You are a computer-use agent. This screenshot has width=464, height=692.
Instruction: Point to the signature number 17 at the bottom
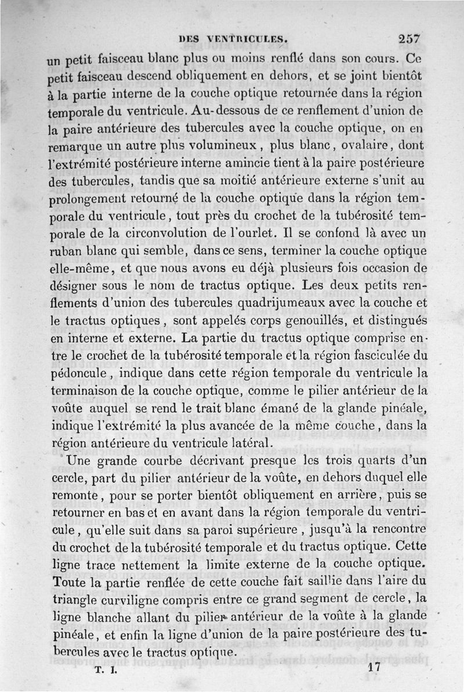(374, 668)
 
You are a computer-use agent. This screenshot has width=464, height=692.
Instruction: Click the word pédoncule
(75, 370)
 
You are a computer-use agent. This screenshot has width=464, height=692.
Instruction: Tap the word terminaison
(88, 388)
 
